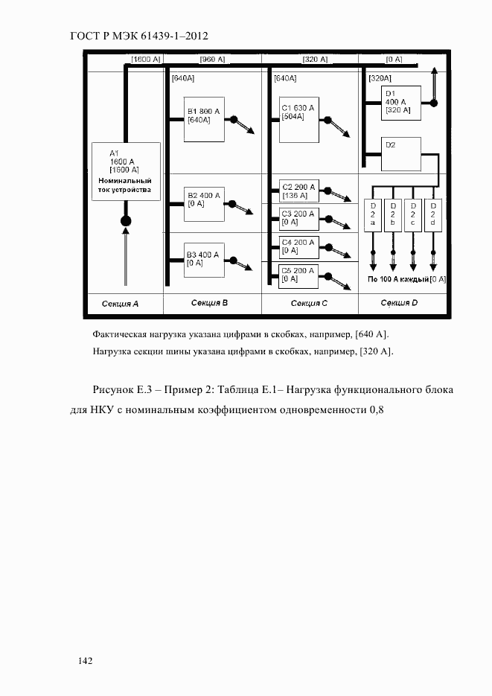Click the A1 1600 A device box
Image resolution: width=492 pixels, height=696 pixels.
tap(125, 172)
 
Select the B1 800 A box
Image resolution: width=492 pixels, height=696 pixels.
tap(205, 121)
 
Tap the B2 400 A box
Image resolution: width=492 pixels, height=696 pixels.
tap(205, 203)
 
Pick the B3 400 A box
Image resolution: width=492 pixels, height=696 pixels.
tap(205, 261)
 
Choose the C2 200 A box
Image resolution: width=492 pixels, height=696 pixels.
tap(298, 191)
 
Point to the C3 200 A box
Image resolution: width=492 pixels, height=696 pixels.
tap(298, 217)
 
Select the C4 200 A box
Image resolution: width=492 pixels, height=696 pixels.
tap(298, 246)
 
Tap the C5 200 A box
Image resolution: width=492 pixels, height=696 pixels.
tap(298, 275)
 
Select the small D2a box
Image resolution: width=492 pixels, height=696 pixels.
tap(373, 215)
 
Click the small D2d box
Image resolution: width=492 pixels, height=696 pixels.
tap(432, 215)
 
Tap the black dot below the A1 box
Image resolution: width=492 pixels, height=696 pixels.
tap(126, 220)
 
